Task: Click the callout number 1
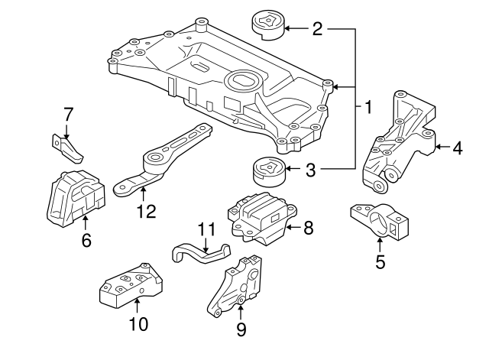pos(368,107)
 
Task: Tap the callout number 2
pos(317,30)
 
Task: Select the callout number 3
pos(310,169)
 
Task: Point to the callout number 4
pos(457,148)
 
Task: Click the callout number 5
pos(380,264)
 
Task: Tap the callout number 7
pos(68,114)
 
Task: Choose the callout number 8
pos(308,226)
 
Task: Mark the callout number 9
pos(241,329)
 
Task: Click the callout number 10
pos(138,324)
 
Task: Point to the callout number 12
pos(145,209)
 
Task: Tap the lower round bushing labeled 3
pos(267,172)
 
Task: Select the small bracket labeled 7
pos(67,148)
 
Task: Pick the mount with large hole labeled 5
pos(380,222)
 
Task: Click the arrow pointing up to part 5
pos(380,245)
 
